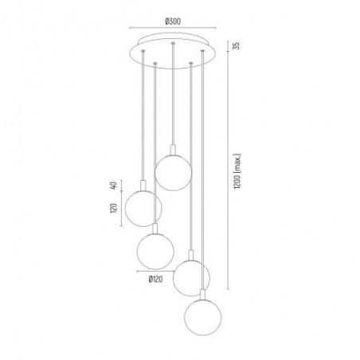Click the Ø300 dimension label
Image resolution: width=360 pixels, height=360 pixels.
click(x=173, y=22)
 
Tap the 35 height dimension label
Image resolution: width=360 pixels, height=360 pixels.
click(x=236, y=45)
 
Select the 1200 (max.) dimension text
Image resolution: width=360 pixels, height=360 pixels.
click(x=237, y=171)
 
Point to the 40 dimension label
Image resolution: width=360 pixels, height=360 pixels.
click(x=113, y=186)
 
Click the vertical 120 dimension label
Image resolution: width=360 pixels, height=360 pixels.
click(x=113, y=208)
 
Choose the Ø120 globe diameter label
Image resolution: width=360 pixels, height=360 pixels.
click(x=155, y=279)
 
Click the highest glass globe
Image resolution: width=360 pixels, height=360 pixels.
click(x=173, y=173)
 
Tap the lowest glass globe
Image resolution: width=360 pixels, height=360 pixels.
click(x=202, y=317)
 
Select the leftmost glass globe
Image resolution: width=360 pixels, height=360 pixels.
click(x=143, y=208)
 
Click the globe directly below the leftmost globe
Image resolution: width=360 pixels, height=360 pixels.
click(x=155, y=251)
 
